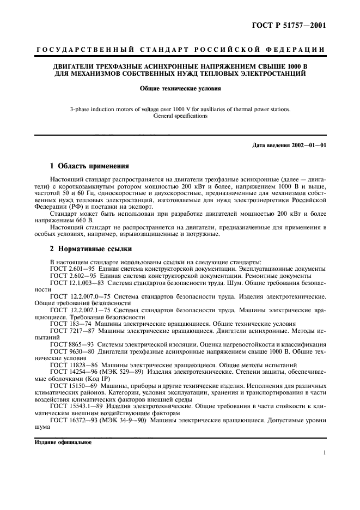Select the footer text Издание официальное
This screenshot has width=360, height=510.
tap(63, 442)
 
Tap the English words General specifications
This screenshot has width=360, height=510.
tap(180, 116)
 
